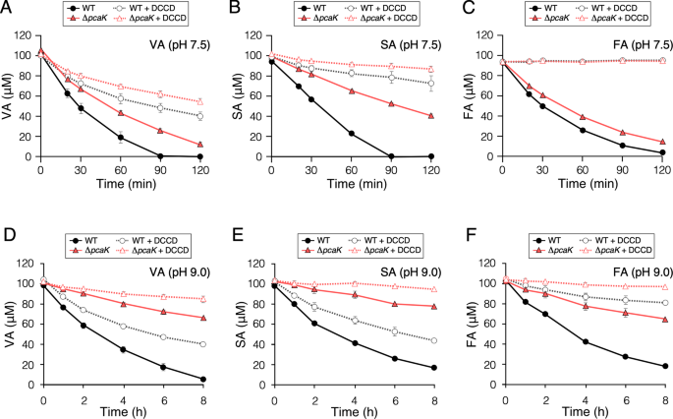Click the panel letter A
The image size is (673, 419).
click(x=8, y=9)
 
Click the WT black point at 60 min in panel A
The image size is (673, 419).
click(x=121, y=138)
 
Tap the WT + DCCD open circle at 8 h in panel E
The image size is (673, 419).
click(x=432, y=340)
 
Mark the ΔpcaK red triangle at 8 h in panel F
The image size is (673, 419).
click(x=665, y=319)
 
